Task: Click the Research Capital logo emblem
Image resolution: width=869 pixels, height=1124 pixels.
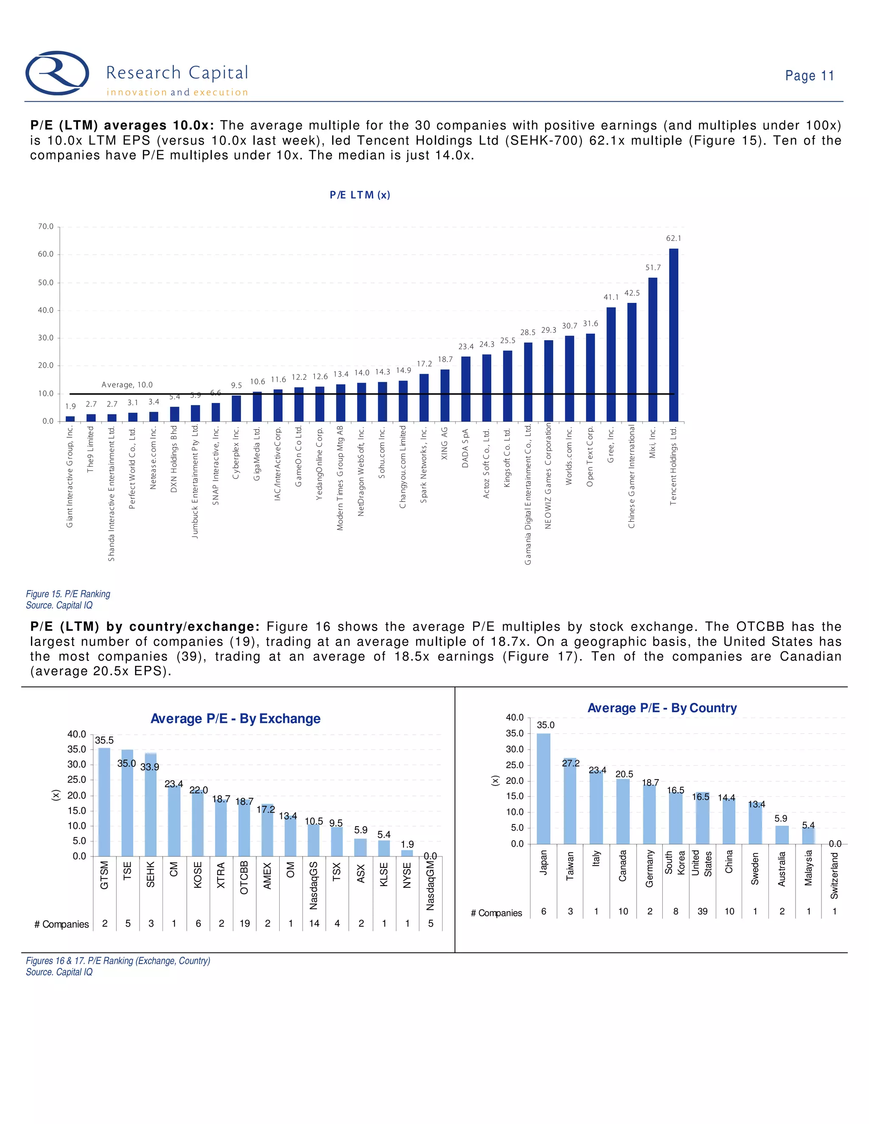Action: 57,73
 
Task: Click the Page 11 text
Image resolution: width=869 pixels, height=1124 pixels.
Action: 809,75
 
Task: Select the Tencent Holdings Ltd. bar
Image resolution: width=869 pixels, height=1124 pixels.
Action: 673,335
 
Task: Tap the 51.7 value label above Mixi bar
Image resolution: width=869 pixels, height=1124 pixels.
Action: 653,268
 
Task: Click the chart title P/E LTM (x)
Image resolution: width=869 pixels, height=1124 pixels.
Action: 360,195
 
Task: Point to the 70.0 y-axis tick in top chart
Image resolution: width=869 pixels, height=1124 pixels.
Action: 46,226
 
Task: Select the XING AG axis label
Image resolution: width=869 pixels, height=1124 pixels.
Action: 445,443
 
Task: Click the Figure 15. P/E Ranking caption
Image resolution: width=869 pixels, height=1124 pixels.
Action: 68,594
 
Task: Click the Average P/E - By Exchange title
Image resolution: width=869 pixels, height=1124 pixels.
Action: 235,719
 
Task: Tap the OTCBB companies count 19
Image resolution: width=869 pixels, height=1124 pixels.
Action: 244,923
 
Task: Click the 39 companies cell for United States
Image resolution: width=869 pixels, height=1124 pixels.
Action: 702,912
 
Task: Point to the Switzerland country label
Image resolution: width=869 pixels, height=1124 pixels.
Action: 835,875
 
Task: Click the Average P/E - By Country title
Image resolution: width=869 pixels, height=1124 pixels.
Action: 662,708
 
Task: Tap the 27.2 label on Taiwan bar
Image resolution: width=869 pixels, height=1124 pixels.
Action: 570,763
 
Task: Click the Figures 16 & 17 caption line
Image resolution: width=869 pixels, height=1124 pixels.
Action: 118,961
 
